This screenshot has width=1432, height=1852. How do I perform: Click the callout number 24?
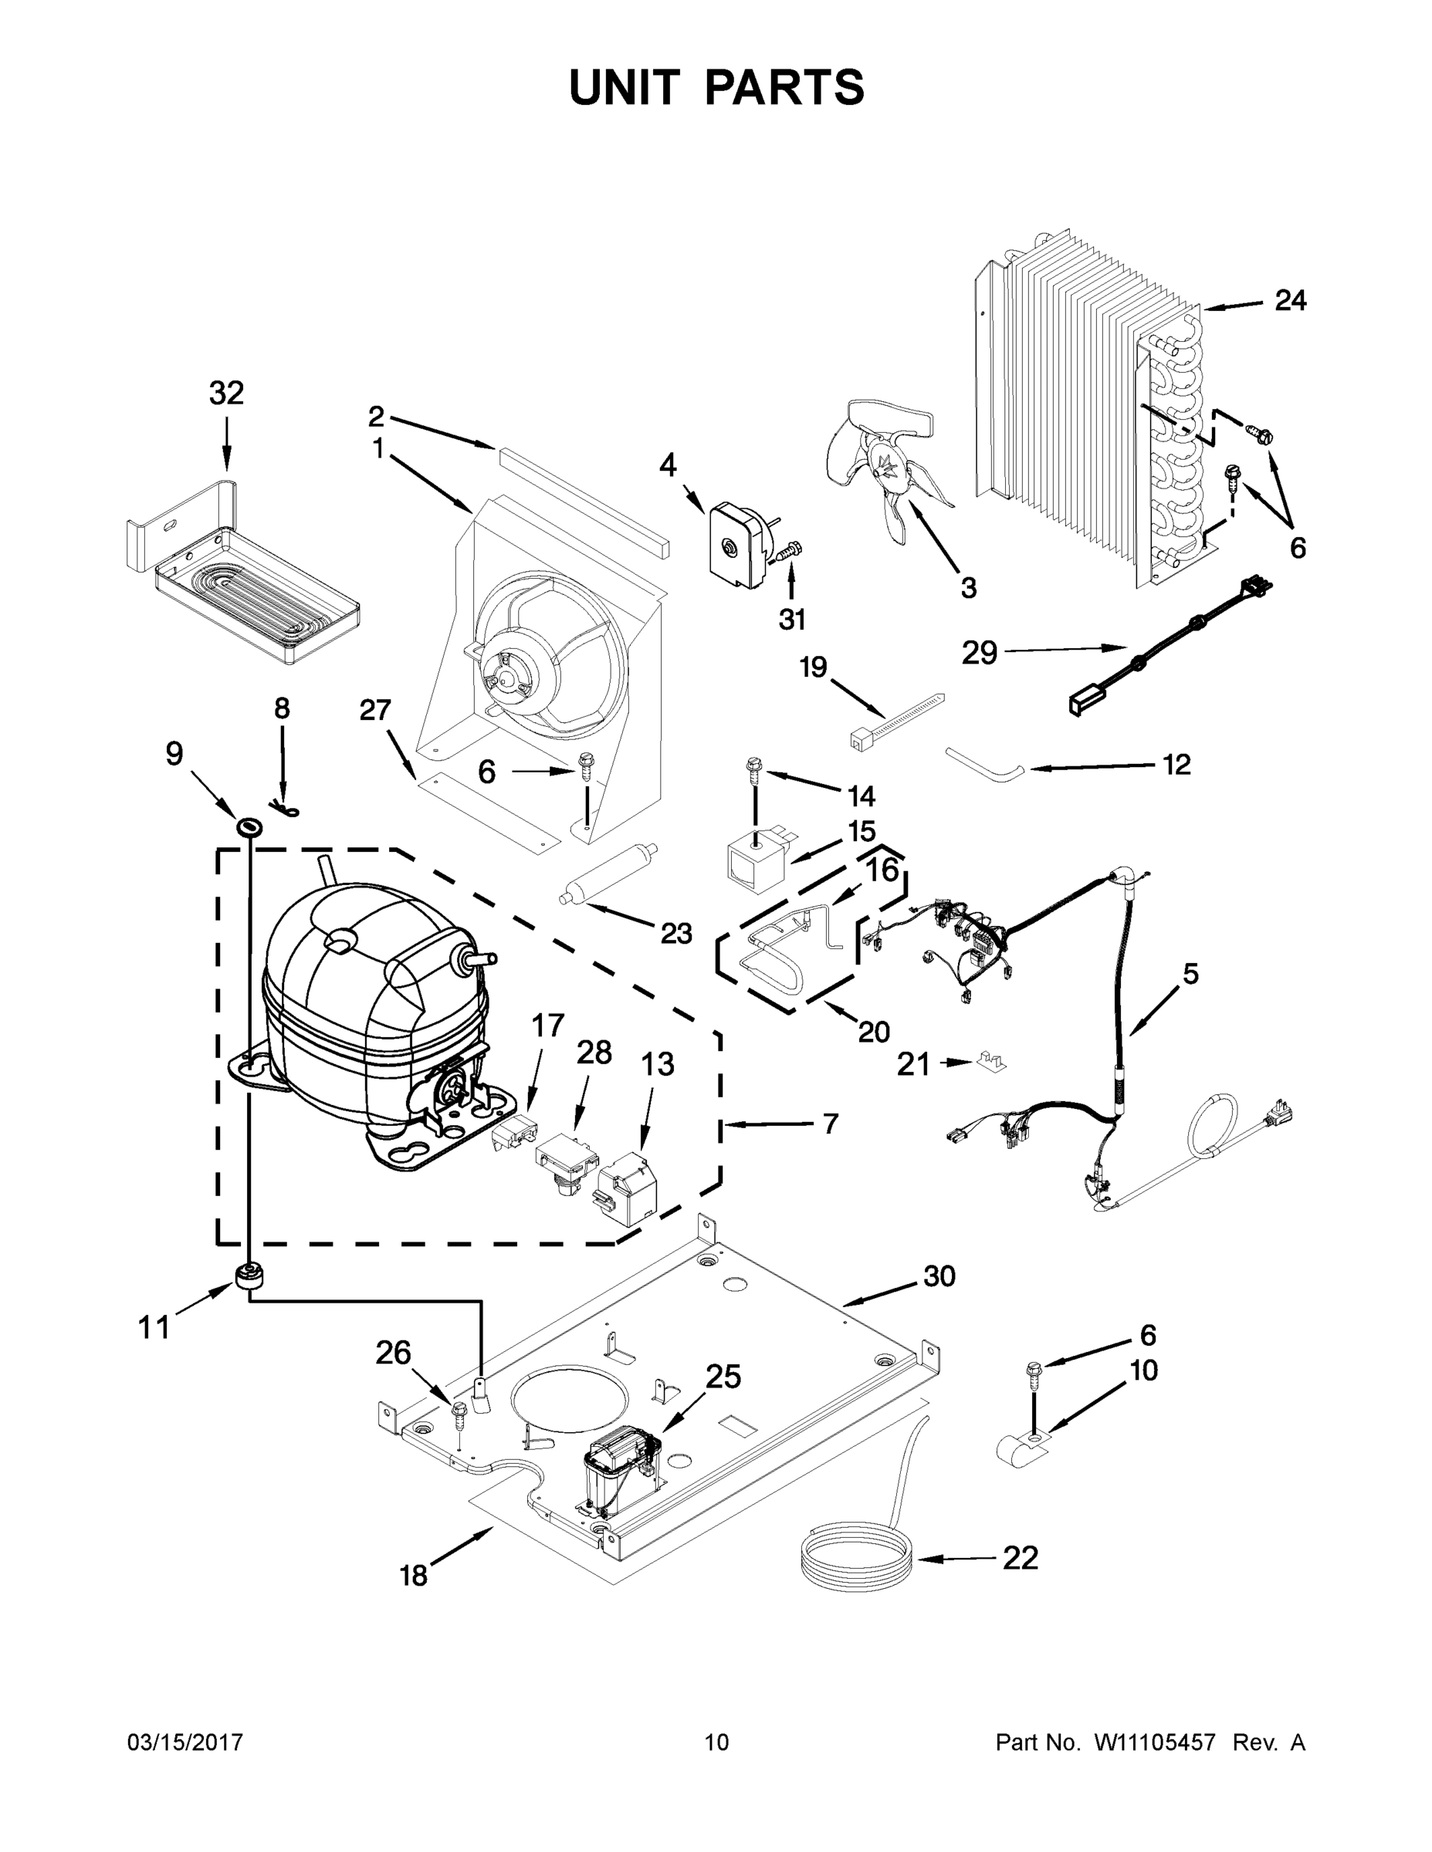pyautogui.click(x=1290, y=300)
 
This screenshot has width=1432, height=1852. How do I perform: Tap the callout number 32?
pyautogui.click(x=226, y=394)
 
